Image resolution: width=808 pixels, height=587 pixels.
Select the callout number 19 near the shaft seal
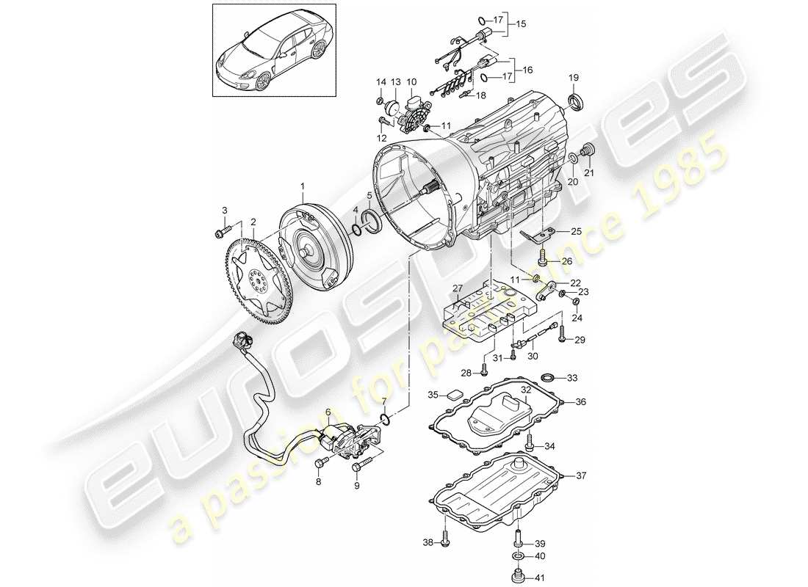pos(574,78)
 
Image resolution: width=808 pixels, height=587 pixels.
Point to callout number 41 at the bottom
pos(539,577)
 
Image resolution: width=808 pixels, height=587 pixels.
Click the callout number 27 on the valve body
pos(458,288)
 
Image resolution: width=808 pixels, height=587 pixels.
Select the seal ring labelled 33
pos(548,378)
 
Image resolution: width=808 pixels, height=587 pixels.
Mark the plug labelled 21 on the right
pos(587,152)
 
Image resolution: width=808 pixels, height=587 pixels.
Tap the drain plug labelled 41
pos(518,576)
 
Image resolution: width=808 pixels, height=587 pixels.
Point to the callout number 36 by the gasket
pos(580,401)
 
